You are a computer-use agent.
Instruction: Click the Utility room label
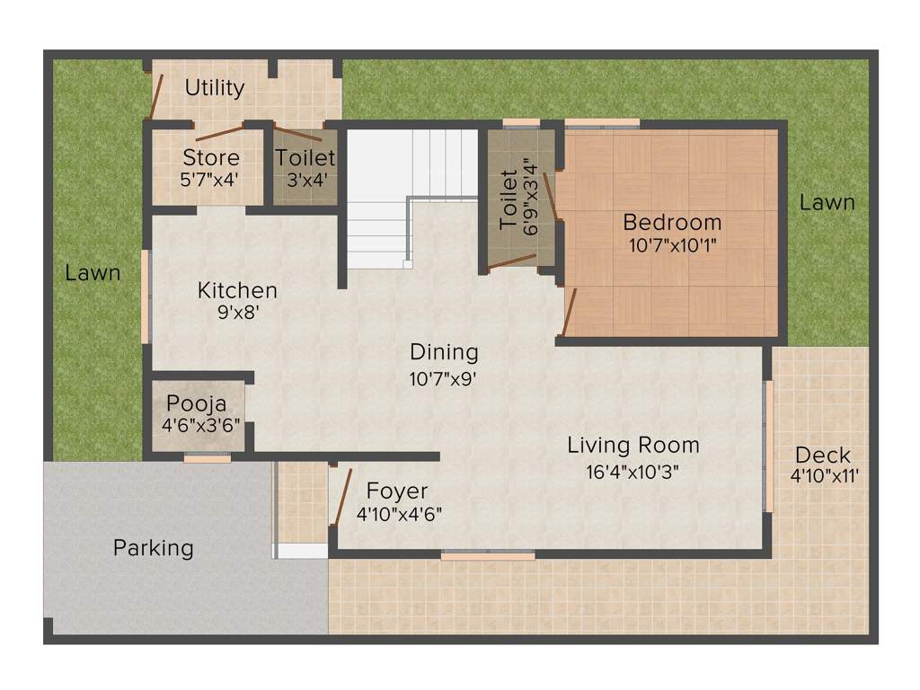(x=215, y=88)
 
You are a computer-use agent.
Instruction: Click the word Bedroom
(x=672, y=222)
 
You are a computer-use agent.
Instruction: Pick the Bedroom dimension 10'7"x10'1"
(x=672, y=243)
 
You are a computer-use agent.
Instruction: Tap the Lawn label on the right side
(x=827, y=202)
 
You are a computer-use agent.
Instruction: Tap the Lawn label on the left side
(x=92, y=272)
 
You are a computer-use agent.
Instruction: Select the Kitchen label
(x=237, y=291)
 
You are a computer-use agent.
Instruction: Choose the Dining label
(x=444, y=352)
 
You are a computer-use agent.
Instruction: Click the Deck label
(x=822, y=455)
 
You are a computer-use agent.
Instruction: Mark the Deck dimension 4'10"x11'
(x=825, y=476)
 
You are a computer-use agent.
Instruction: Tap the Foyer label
(x=397, y=491)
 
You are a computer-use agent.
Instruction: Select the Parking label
(x=153, y=547)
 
